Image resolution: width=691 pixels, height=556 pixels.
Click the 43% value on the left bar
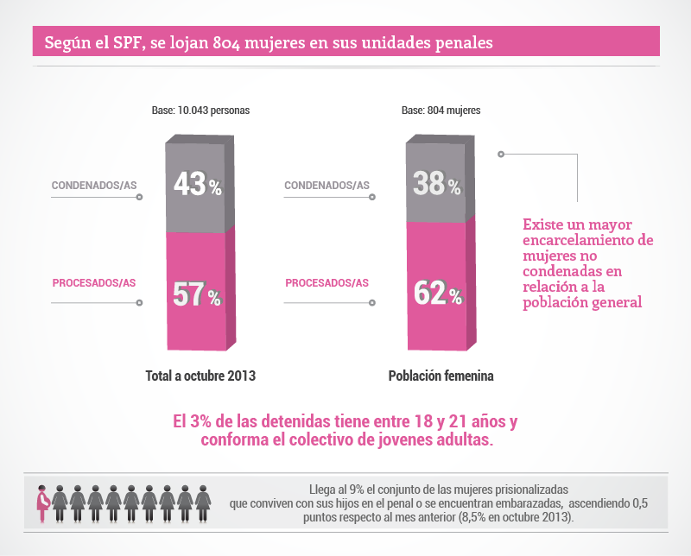point(198,184)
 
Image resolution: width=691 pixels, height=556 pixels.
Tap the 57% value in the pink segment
point(198,294)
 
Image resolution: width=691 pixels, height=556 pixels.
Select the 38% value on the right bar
point(437,184)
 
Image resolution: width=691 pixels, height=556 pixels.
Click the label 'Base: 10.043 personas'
point(200,111)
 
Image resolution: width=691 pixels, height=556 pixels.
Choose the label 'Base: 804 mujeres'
point(441,111)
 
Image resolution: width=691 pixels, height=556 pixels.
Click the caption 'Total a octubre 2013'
point(200,376)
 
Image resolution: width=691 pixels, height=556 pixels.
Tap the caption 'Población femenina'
point(441,376)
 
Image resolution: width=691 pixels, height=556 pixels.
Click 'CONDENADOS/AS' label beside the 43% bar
point(94,185)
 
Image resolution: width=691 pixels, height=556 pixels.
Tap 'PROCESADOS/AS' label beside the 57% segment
point(94,282)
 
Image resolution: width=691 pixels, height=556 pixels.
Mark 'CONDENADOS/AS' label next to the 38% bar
point(327,185)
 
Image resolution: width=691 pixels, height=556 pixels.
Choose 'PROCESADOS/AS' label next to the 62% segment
point(327,282)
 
